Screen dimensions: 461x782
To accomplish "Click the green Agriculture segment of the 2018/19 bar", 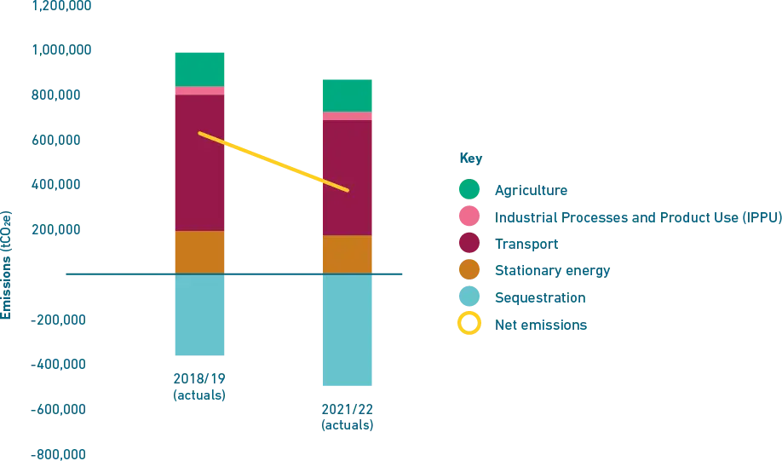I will (198, 68).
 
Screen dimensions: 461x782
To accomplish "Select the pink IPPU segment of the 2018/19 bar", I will (198, 90).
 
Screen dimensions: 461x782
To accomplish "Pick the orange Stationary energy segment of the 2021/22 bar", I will (348, 254).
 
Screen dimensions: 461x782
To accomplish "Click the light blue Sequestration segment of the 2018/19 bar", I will (198, 316).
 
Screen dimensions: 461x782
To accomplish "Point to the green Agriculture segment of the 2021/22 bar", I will (348, 95).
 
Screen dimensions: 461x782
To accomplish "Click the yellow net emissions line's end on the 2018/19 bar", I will (200, 134).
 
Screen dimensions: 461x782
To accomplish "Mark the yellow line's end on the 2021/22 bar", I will (348, 189).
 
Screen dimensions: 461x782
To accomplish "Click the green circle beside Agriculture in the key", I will (469, 189).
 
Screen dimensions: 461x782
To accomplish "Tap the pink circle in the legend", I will (469, 216).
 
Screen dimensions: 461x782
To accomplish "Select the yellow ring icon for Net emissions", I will (469, 325).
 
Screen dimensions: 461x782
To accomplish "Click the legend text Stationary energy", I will (551, 272).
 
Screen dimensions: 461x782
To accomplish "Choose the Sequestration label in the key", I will (538, 299).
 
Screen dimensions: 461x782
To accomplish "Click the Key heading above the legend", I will (469, 158).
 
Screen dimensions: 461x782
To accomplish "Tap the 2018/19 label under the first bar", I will (198, 385).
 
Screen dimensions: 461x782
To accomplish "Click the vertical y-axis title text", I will (7, 265).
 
